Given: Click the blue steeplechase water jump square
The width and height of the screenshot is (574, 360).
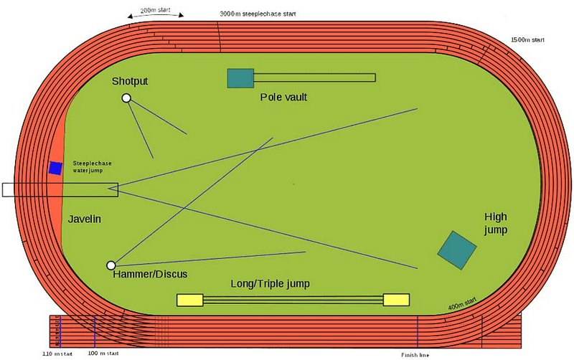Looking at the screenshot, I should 55,168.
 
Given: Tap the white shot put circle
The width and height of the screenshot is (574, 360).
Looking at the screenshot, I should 126,98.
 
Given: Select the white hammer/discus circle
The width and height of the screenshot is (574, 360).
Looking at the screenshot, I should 110,265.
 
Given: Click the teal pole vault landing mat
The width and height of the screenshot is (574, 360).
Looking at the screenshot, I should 240,77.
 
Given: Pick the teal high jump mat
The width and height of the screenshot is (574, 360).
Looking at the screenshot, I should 457,249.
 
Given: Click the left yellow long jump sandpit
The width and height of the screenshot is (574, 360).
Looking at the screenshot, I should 190,300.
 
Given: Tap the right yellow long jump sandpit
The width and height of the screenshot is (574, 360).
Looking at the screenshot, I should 396,299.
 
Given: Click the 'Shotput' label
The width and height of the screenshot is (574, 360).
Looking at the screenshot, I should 130,81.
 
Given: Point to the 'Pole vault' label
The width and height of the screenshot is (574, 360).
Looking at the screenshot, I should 283,96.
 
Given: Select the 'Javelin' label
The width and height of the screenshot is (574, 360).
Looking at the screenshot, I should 85,219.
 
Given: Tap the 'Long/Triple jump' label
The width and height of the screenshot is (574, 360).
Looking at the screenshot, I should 270,284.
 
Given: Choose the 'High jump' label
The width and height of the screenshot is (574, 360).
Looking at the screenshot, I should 496,223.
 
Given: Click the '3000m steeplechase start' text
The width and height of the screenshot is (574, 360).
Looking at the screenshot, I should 257,14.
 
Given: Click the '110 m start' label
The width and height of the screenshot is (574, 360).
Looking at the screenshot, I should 57,354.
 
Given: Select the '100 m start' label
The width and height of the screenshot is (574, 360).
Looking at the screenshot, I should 104,354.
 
